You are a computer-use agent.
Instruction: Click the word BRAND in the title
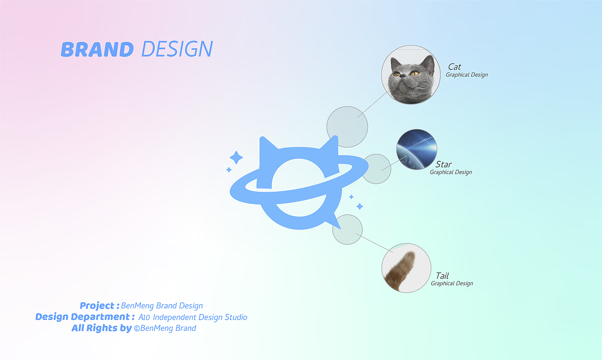click(97, 49)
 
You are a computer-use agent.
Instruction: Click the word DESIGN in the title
click(177, 49)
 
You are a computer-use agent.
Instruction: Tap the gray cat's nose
click(402, 76)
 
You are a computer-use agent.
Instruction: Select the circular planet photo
click(417, 149)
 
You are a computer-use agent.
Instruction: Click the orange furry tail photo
click(406, 268)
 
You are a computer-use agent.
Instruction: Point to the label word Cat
click(454, 67)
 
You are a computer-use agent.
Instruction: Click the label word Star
click(444, 164)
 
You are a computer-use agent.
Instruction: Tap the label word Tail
click(442, 276)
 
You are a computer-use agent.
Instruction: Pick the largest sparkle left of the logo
click(236, 157)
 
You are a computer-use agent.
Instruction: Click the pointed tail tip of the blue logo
click(341, 229)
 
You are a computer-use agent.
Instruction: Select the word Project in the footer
click(97, 305)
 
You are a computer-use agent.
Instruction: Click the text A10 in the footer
click(144, 317)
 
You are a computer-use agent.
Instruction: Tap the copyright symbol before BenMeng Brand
click(136, 329)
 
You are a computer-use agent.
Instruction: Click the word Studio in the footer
click(236, 317)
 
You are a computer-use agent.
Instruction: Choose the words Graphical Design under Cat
click(467, 75)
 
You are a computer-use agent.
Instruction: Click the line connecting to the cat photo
click(373, 104)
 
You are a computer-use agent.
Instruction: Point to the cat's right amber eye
click(414, 73)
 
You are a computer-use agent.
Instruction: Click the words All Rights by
click(102, 329)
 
